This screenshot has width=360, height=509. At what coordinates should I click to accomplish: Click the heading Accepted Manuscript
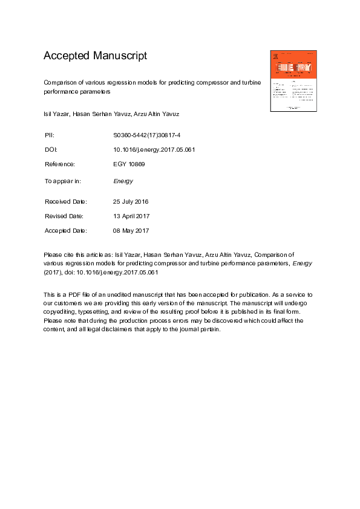[x=95, y=56]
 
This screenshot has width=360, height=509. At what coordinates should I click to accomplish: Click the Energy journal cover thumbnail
[x=294, y=80]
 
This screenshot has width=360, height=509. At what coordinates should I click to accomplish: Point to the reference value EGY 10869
[x=129, y=164]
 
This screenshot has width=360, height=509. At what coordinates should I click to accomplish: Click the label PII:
[x=50, y=134]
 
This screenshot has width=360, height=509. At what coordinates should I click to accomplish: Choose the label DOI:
[x=51, y=149]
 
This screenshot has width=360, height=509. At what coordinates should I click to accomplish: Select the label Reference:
[x=60, y=164]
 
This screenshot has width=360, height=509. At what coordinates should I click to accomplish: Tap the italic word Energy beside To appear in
[x=123, y=181]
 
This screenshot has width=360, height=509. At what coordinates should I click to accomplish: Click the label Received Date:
[x=66, y=201]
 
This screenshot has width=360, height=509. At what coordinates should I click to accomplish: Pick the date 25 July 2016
[x=131, y=201]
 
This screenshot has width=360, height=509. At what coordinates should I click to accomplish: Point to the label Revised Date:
[x=64, y=216]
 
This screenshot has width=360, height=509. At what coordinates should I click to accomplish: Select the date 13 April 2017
[x=131, y=216]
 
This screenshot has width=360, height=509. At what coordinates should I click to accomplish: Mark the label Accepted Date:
[x=66, y=230]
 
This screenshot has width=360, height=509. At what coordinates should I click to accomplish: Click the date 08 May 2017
[x=131, y=230]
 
